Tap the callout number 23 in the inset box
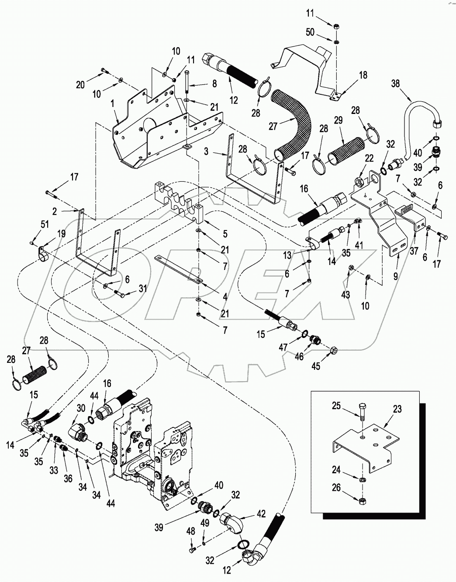click(x=397, y=409)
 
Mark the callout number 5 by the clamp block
click(x=225, y=234)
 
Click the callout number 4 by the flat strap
click(x=225, y=297)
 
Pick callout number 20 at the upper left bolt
click(x=80, y=86)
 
